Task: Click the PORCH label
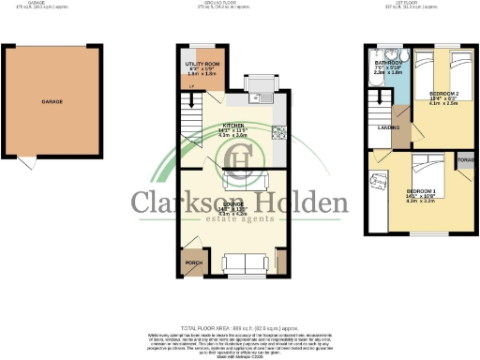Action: pyautogui.click(x=194, y=263)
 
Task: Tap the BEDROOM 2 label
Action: pyautogui.click(x=442, y=96)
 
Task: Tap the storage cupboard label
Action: pyautogui.click(x=465, y=160)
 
